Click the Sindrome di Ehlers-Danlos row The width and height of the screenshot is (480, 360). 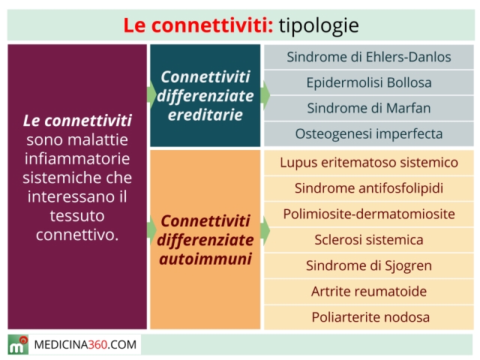coord(369,57)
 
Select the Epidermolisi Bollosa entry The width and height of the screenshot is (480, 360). coord(369,82)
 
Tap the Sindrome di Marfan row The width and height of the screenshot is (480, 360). coord(369,108)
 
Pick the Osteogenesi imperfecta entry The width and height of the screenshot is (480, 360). coord(369,134)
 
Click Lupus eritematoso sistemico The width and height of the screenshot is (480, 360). coord(369,163)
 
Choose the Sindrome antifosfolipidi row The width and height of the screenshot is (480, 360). coord(369,188)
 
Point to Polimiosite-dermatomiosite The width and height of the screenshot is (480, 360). coord(369,214)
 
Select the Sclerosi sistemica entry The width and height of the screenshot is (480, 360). coord(369,240)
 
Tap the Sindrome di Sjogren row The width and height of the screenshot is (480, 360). coord(369,265)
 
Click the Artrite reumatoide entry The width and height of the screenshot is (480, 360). coord(369,292)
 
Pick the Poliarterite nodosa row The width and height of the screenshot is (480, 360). coord(369,317)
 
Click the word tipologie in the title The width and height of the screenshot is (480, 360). coord(319,25)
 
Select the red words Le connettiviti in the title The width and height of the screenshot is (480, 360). coord(198,25)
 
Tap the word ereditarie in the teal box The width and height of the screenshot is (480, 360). coord(205,115)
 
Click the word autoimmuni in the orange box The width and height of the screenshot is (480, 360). coord(205,259)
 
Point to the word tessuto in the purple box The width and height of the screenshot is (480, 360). coord(77,216)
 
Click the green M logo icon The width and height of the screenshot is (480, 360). coord(18,345)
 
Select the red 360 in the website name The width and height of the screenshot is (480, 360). coord(97,345)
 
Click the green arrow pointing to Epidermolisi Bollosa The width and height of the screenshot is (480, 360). coord(265,95)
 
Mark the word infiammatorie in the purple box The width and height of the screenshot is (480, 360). coord(77,159)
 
